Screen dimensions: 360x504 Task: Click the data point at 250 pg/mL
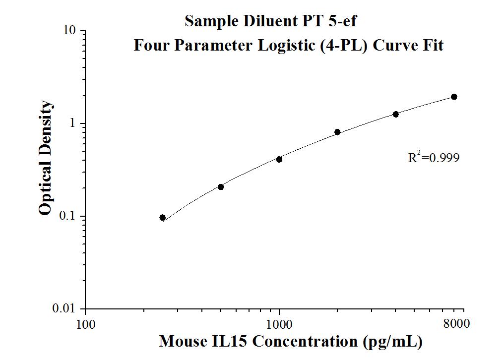163,218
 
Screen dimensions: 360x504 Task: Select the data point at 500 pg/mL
221,187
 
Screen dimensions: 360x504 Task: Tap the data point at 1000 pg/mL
279,159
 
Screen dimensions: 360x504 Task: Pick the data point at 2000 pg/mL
337,132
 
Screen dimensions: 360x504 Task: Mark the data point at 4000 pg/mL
396,114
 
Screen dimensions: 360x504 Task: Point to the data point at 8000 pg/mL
454,97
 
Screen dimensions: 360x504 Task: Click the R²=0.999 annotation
434,158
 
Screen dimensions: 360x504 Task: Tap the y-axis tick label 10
70,31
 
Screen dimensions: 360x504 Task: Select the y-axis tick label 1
73,123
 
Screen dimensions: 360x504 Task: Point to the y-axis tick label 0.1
68,216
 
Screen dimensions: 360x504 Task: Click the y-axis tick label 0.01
65,309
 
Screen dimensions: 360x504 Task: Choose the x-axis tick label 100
85,325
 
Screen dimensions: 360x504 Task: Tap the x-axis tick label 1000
279,325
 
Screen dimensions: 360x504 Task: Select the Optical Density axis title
45,158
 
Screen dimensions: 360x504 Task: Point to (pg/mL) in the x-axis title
392,342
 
